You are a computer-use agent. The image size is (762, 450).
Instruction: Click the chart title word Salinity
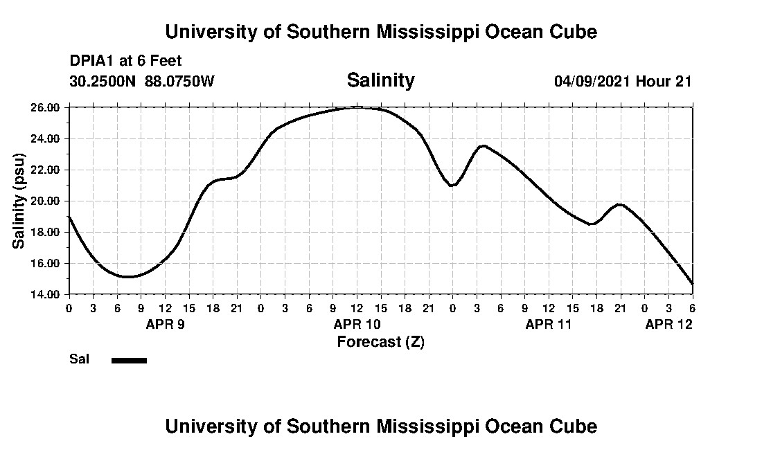coord(380,80)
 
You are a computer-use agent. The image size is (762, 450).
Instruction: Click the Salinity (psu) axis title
coord(19,201)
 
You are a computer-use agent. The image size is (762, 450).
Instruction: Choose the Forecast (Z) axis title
coord(380,342)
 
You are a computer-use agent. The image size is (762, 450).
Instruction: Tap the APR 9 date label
coord(165,324)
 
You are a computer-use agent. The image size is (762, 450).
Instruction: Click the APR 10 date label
coord(357,324)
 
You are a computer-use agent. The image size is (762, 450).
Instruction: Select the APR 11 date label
coord(549,324)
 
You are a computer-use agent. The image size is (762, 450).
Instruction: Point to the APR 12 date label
coord(668,324)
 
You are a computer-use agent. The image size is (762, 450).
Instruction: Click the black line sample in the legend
coord(129,360)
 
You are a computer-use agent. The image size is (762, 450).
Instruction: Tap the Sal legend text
coord(78,359)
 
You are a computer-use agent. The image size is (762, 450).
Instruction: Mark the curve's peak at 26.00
coord(357,107)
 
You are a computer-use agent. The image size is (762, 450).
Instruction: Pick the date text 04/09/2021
coord(592,81)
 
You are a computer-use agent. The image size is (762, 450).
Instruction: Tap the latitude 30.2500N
coord(104,81)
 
